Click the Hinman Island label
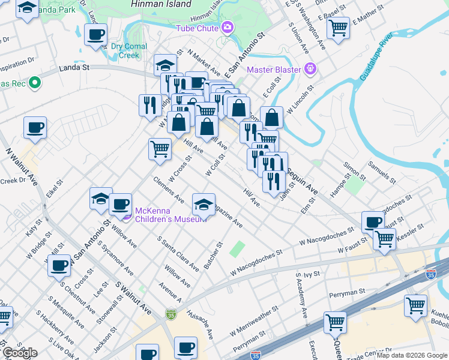(161, 4)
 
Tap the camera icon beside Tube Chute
(228, 27)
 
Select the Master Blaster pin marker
(310, 68)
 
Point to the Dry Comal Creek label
(125, 51)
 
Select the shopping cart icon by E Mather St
(339, 27)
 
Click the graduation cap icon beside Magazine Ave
(203, 205)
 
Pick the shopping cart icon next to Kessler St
(384, 239)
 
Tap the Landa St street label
(74, 68)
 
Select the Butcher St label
(214, 256)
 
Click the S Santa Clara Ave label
(178, 253)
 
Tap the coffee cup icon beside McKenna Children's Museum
(120, 204)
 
